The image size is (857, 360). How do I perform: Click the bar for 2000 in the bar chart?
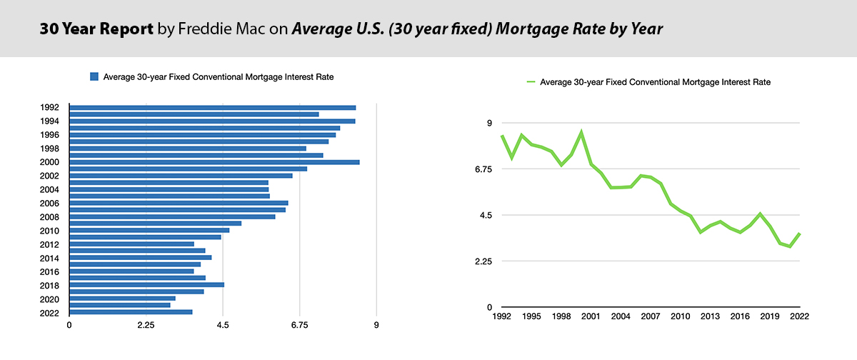[x=214, y=162]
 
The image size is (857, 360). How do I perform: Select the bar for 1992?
[x=212, y=107]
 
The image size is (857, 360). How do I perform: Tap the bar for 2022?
[x=131, y=311]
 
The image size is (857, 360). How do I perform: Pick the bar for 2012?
[x=131, y=244]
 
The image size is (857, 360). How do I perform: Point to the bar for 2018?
[x=146, y=284]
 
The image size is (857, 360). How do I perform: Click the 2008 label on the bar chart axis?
[x=50, y=217]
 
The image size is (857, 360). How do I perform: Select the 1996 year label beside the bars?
[x=50, y=135]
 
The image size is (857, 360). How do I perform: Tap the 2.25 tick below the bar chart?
[x=146, y=326]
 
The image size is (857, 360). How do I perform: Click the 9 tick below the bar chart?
[x=376, y=326]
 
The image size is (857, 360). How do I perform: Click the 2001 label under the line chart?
[x=591, y=316]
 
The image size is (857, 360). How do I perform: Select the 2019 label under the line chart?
[x=769, y=316]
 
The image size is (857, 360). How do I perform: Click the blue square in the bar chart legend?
[x=94, y=76]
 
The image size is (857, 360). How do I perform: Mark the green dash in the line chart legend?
[x=530, y=82]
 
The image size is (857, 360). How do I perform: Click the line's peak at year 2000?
[x=581, y=132]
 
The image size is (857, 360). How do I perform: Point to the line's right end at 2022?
[x=800, y=234]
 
